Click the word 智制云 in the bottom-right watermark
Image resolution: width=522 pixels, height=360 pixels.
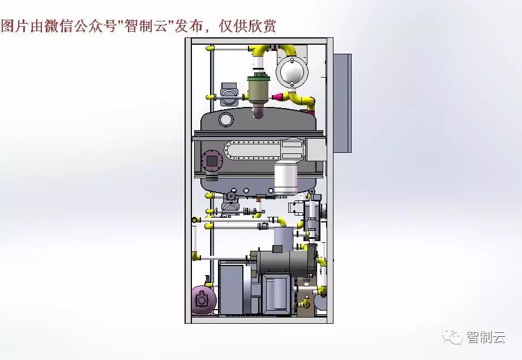(486, 337)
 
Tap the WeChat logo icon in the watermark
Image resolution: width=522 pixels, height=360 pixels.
(452, 336)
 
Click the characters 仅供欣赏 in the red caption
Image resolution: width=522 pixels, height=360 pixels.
(247, 25)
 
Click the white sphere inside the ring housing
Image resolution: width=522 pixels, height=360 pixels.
(292, 72)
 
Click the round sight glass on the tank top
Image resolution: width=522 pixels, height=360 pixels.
(225, 119)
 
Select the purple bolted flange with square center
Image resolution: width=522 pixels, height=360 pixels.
(211, 161)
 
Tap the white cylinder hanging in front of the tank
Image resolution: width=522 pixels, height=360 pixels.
(285, 178)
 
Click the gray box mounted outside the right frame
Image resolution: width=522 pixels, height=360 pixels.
(342, 103)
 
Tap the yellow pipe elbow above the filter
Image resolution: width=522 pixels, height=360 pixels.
(261, 51)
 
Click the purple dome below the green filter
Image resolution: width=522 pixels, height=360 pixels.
(258, 110)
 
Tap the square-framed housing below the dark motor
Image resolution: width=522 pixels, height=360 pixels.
(277, 294)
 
